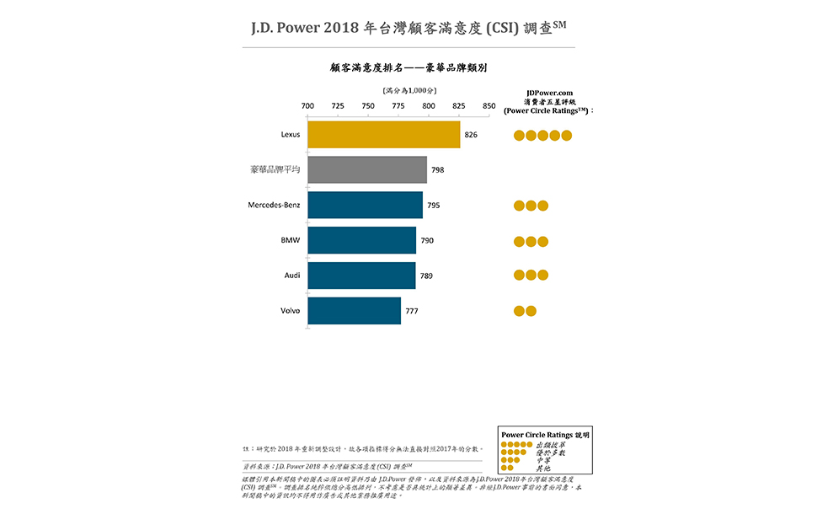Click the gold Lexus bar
coord(383,135)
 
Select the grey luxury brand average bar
coord(366,169)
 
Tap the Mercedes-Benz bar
coord(365,205)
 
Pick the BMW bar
coord(361,240)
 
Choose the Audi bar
coord(361,276)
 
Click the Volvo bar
coord(354,311)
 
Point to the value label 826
coord(471,135)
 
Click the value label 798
coord(437,170)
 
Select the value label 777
coord(412,311)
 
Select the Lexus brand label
coord(290,135)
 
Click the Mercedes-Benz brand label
coord(273,205)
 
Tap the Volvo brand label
coord(290,311)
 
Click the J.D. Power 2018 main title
coord(408,27)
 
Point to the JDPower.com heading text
coord(549,93)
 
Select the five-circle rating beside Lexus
coord(543,135)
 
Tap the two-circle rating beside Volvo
coord(525,311)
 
